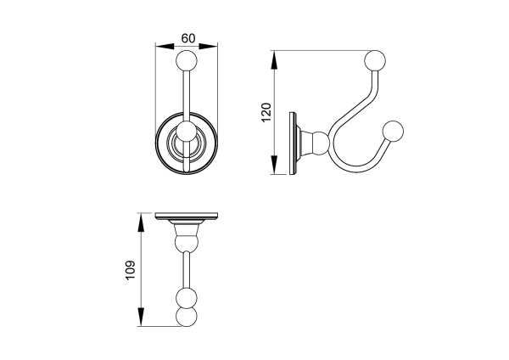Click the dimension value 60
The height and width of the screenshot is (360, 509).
[188, 38]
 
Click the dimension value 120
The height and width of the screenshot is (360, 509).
[266, 112]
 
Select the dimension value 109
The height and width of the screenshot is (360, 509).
[130, 270]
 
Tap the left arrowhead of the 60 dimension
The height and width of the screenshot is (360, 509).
[165, 47]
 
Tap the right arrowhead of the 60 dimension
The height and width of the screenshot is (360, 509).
[208, 47]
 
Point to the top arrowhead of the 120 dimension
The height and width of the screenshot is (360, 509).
[274, 59]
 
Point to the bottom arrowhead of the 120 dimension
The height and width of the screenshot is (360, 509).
[274, 165]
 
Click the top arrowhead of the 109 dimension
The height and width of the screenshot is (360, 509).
[141, 222]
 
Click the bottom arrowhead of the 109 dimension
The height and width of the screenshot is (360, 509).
[141, 317]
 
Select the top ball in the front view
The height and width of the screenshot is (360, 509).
[187, 60]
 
